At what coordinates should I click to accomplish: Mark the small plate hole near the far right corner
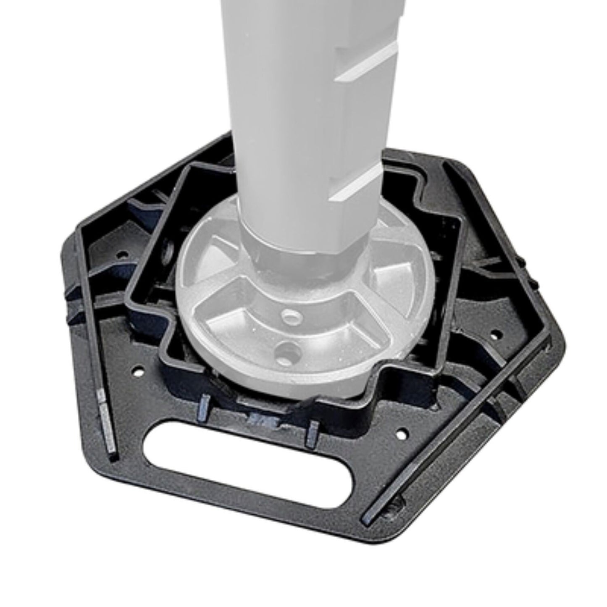[x=496, y=335]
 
